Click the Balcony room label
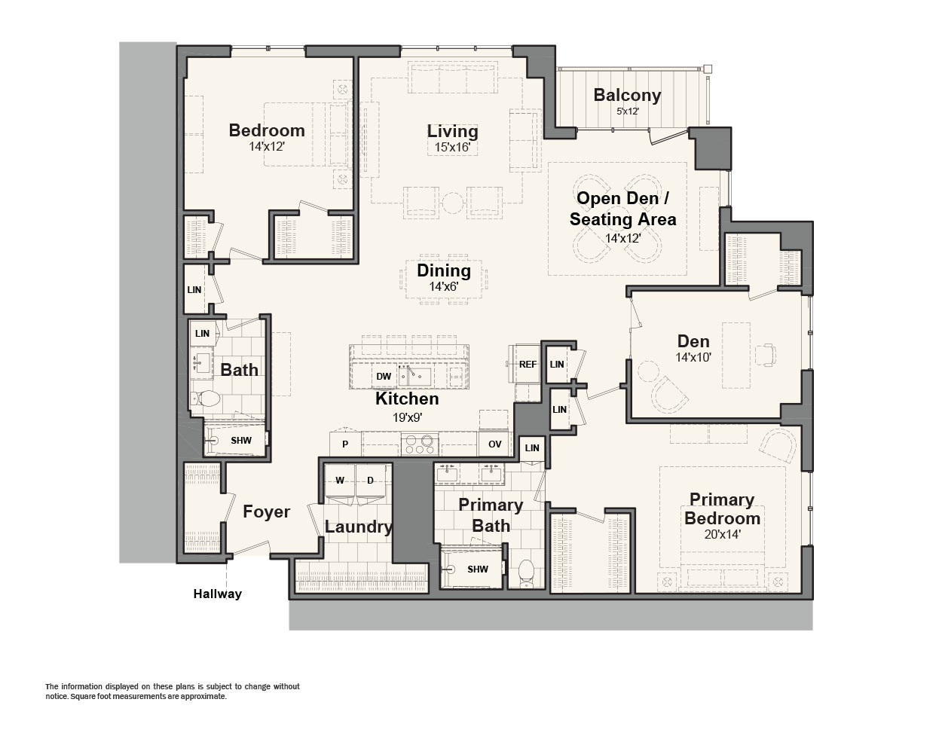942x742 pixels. pos(627,95)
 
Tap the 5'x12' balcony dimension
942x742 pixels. pos(628,111)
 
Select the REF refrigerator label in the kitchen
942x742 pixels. pos(528,364)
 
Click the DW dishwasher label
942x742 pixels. pos(384,376)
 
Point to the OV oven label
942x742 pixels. pos(494,444)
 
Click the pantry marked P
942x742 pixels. pos(345,444)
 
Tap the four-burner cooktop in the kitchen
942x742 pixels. pos(420,444)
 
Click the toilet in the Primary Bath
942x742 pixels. pos(526,573)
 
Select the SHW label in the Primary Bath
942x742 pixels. pos(478,569)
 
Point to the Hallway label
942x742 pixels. pos(218,594)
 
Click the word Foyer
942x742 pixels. pos(266,511)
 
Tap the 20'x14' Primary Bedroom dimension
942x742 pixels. pos(722,535)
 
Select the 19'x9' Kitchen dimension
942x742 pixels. pos(407,418)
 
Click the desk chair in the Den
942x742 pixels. pos(766,354)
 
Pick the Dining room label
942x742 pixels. pos(444,270)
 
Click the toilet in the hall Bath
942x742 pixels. pos(205,398)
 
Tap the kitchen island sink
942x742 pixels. pos(414,376)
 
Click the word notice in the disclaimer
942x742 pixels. pos(56,696)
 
